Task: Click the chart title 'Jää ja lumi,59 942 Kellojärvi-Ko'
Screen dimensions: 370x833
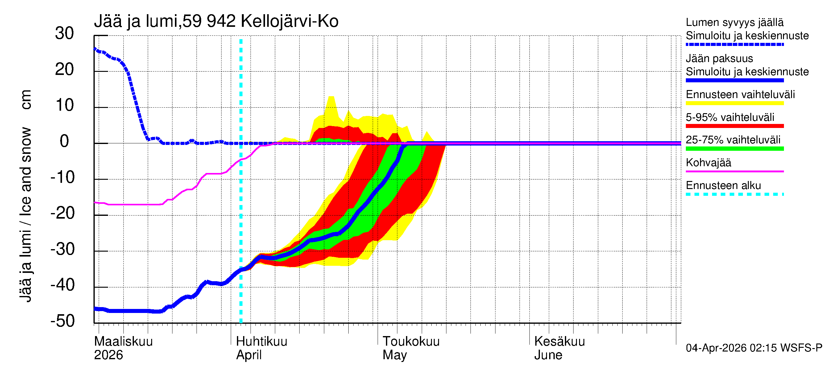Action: [x=216, y=21]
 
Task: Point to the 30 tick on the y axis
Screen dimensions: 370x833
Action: [x=64, y=34]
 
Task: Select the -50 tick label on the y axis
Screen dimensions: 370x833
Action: [x=62, y=321]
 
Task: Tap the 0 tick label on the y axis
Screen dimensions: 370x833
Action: [x=64, y=142]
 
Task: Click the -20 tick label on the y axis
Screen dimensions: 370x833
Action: [x=62, y=213]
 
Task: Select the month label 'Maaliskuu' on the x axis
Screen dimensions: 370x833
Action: [x=123, y=342]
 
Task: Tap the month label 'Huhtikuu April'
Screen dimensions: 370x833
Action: [x=261, y=348]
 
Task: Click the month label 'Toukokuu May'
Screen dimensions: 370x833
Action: [x=411, y=348]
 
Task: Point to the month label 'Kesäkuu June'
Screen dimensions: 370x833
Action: [x=559, y=348]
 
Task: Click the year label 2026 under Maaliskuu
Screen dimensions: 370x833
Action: [x=108, y=355]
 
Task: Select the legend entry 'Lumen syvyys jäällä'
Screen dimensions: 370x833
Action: [x=734, y=23]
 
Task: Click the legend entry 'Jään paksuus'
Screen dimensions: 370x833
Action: [x=719, y=59]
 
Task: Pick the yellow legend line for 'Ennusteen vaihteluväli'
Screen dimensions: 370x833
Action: [x=734, y=103]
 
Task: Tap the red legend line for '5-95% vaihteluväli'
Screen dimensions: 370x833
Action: [x=734, y=126]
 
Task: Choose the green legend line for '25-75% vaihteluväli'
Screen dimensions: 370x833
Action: [x=734, y=149]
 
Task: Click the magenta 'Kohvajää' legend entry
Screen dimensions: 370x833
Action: [x=708, y=162]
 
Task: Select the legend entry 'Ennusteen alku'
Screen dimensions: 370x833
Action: [x=723, y=186]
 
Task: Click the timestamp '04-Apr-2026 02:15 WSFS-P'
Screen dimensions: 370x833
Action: [x=753, y=348]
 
